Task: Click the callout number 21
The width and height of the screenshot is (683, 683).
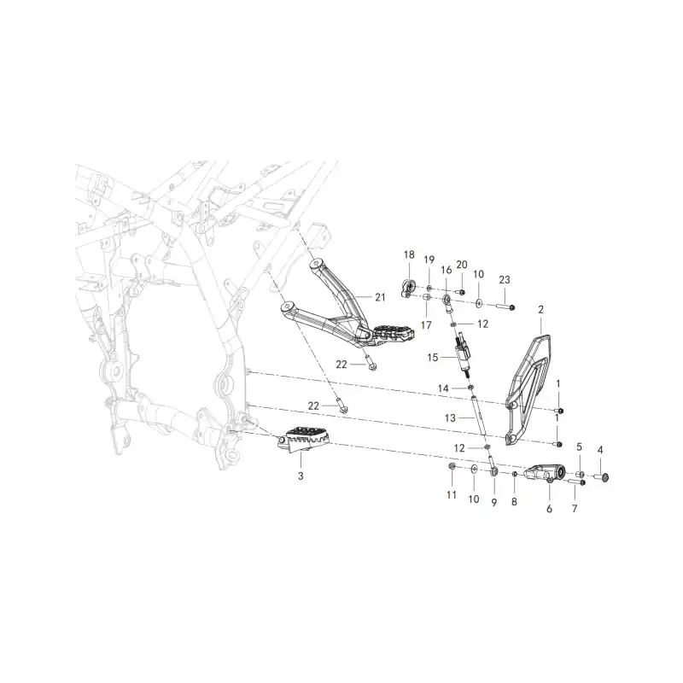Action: [x=380, y=297]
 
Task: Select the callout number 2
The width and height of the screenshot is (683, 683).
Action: [x=541, y=310]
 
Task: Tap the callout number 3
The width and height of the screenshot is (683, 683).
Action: [x=301, y=476]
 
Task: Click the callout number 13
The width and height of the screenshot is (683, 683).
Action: [x=450, y=417]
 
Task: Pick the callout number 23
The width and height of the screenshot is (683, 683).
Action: [x=505, y=280]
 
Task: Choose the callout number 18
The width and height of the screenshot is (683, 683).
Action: [x=409, y=254]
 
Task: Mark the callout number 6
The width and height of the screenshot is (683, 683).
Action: [x=549, y=509]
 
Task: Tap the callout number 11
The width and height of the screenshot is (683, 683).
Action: [x=452, y=495]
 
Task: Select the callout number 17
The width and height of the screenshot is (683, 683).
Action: [x=426, y=325]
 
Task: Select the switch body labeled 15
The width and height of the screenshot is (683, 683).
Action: [x=464, y=353]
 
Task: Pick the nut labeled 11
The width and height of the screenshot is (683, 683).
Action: [x=452, y=467]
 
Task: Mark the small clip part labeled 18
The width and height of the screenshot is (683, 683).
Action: [x=408, y=289]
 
